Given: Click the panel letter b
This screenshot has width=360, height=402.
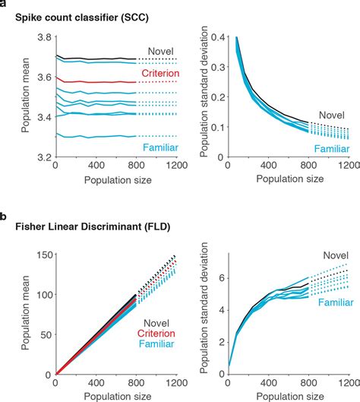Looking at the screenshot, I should tap(5, 217).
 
